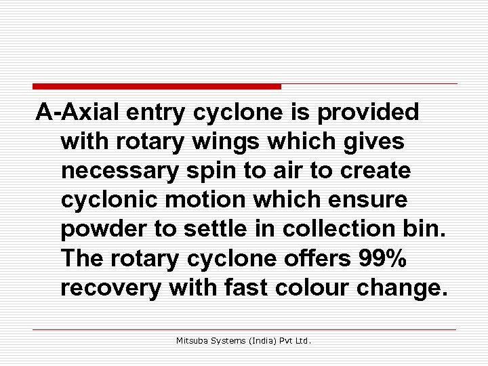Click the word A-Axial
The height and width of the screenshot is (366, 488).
[77, 112]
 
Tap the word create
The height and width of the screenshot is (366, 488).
[376, 171]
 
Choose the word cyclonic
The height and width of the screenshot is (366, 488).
[106, 200]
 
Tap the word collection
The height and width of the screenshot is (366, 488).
[341, 229]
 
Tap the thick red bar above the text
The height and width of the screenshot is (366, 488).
[157, 86]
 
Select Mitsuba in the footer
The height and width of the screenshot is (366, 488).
[192, 341]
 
